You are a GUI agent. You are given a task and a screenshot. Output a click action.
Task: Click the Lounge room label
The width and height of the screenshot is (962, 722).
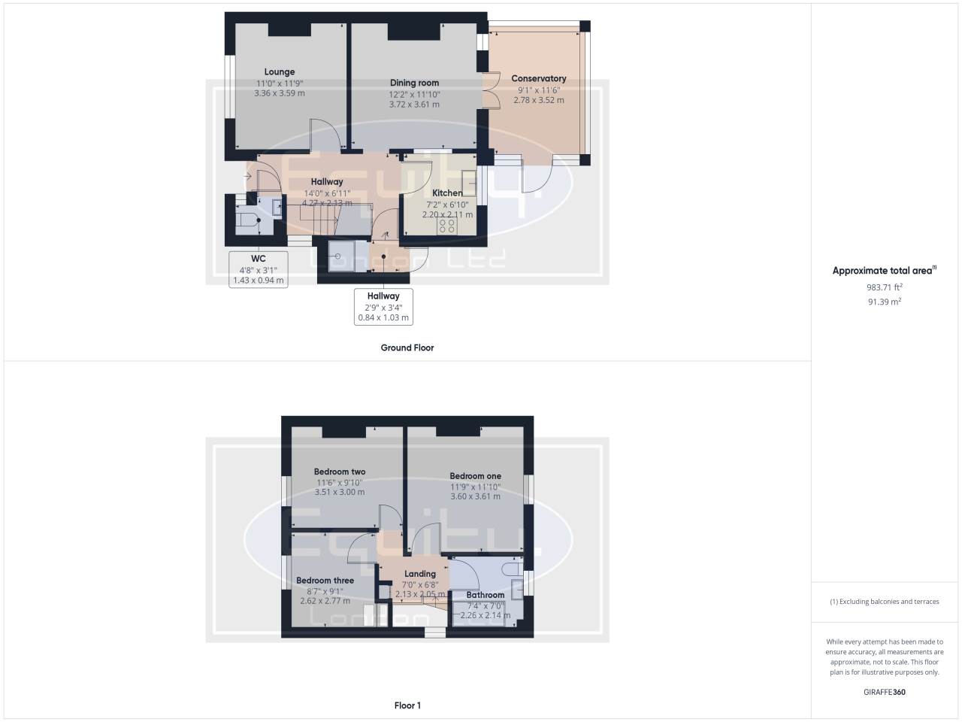click(x=280, y=72)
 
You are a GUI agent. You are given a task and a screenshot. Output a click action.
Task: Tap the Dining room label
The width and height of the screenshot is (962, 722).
click(x=414, y=83)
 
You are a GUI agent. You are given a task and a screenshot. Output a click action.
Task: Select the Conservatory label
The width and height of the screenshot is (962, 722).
click(x=538, y=78)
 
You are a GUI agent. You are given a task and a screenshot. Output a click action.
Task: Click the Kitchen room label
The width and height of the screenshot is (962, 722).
click(x=447, y=193)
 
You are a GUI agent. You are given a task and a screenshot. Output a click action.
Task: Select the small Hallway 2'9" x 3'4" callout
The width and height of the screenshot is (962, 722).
click(x=383, y=307)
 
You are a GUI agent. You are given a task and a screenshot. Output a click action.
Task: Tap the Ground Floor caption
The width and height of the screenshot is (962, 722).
click(x=407, y=347)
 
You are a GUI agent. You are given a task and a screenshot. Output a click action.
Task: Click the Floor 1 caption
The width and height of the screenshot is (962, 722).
click(x=407, y=705)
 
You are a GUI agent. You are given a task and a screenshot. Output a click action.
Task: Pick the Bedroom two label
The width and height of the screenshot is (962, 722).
click(x=339, y=472)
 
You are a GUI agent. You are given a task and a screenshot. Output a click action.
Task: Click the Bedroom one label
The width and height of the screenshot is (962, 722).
click(x=475, y=476)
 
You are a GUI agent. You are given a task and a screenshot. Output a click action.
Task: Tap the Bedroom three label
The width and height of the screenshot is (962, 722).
click(x=325, y=581)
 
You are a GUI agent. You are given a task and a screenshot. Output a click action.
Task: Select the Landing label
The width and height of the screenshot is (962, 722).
click(x=420, y=574)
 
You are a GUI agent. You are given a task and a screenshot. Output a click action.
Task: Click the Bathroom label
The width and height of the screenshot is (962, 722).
click(x=485, y=595)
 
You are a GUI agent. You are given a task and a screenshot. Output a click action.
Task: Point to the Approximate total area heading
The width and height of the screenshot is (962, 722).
click(x=884, y=271)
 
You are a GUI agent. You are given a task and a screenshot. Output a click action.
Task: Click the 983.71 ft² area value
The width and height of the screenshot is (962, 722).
click(x=884, y=287)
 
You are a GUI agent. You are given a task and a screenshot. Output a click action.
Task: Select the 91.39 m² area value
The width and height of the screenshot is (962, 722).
click(x=884, y=302)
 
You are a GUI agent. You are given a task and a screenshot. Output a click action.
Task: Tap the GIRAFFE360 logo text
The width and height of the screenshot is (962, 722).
click(x=884, y=692)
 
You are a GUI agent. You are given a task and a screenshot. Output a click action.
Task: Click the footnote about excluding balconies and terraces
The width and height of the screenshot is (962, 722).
click(x=884, y=602)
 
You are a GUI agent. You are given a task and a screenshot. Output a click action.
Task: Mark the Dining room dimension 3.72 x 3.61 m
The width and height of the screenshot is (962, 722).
click(x=414, y=105)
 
